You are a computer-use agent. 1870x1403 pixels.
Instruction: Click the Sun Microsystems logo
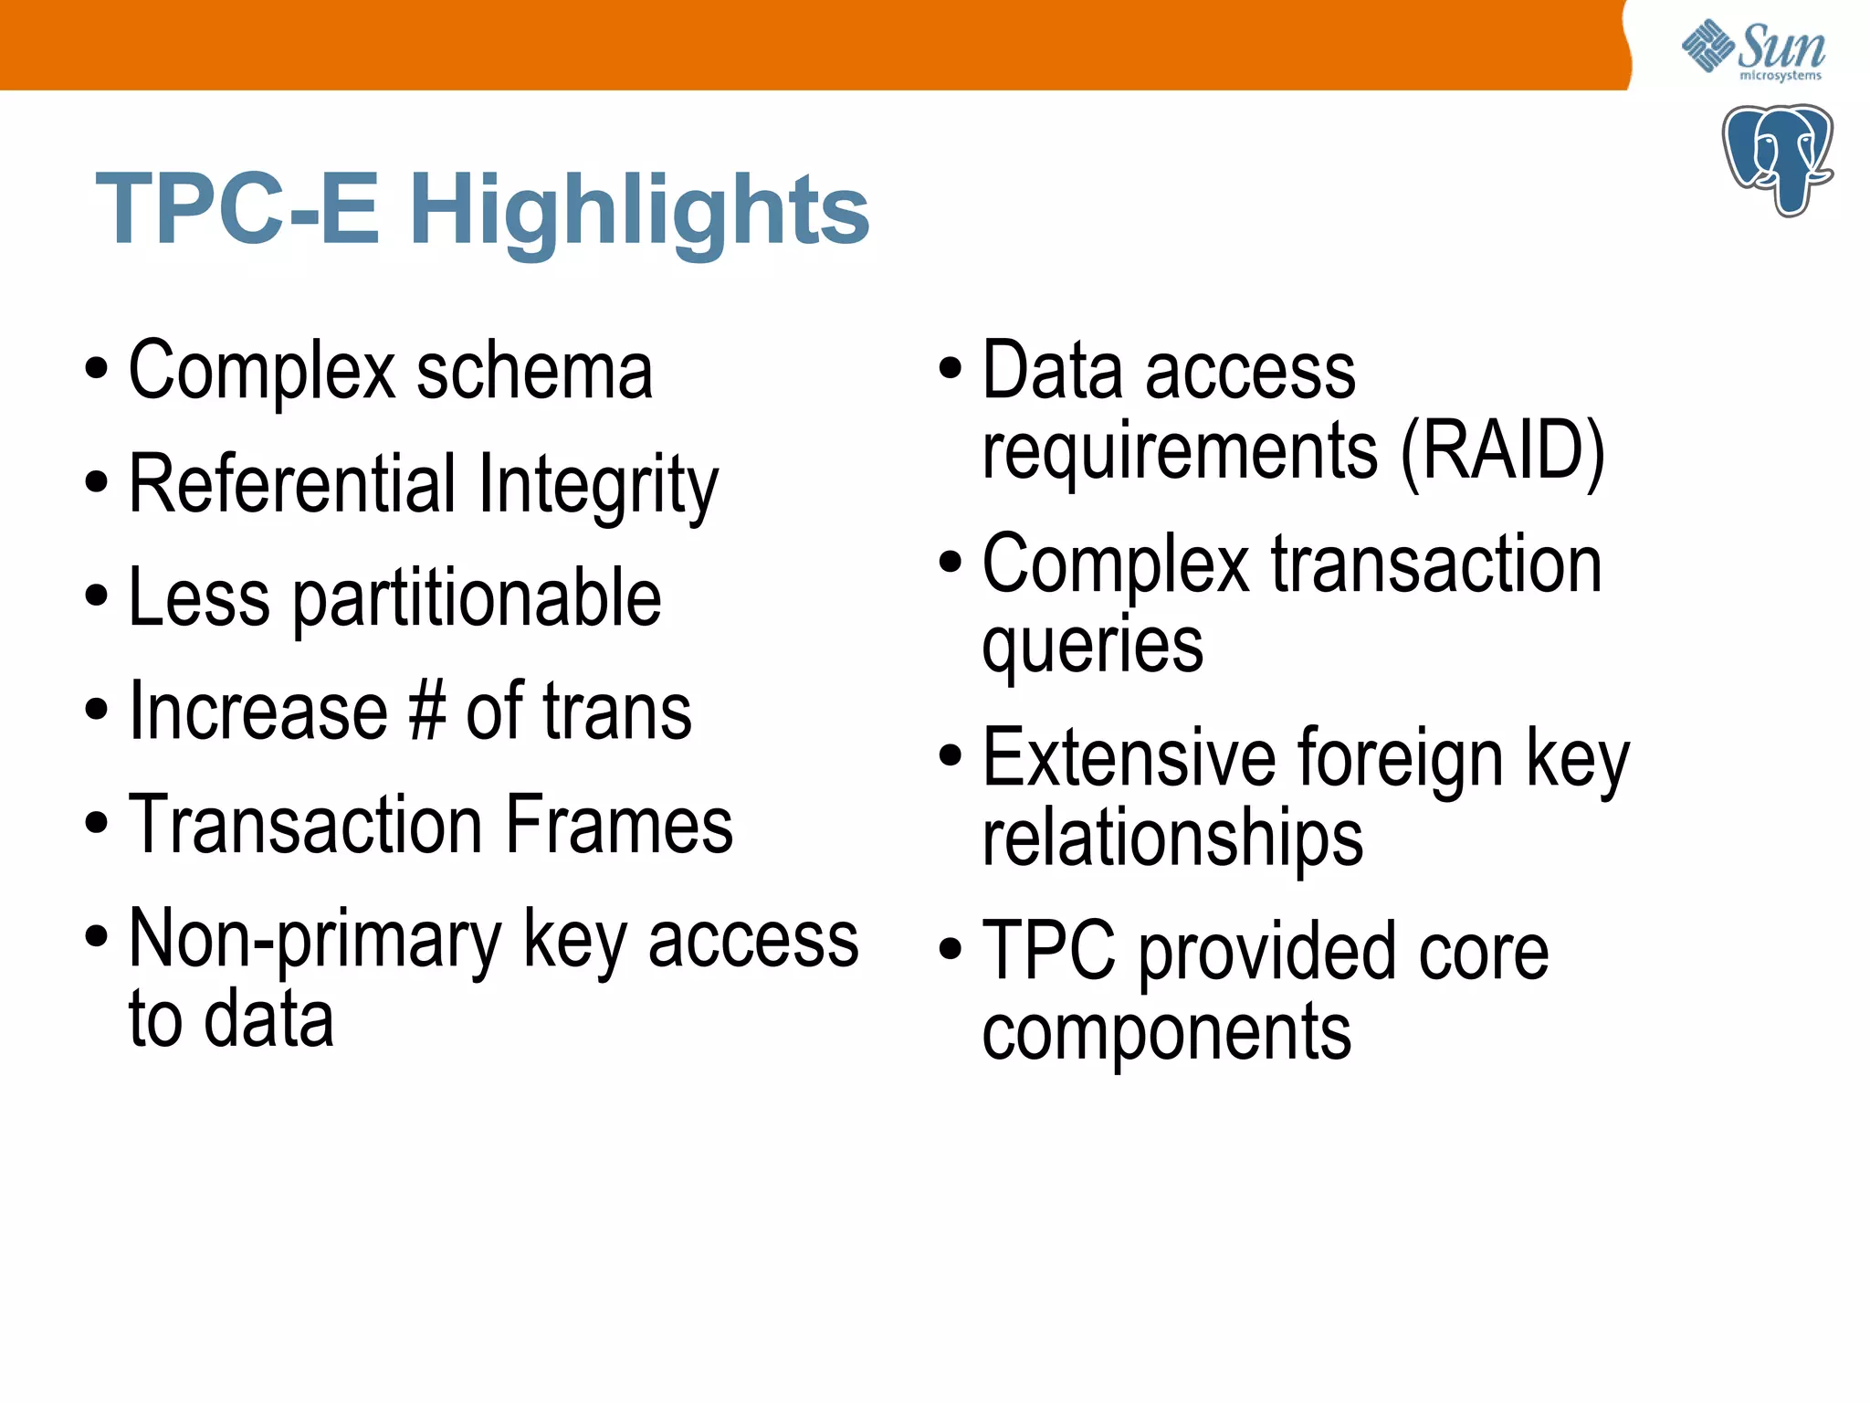[x=1753, y=50]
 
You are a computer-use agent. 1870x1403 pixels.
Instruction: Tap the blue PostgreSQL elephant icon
[x=1777, y=160]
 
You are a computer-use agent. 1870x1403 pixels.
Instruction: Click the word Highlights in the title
[x=639, y=210]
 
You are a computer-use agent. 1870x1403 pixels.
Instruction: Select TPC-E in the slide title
[x=237, y=210]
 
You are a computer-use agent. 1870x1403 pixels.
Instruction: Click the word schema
[x=535, y=371]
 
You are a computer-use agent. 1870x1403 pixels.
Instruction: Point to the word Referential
[x=292, y=484]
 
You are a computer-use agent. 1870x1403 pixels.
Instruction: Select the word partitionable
[x=477, y=599]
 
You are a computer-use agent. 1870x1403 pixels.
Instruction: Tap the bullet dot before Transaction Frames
[x=96, y=822]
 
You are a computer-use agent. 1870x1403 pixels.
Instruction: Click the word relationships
[x=1172, y=839]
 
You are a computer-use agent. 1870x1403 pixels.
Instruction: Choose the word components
[x=1167, y=1032]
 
